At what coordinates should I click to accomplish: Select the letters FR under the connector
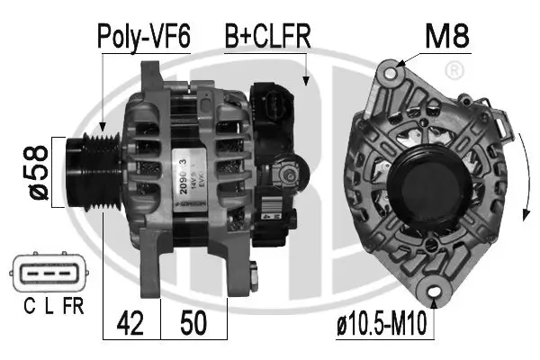pyautogui.click(x=74, y=306)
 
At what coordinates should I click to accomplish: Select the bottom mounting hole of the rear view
pyautogui.click(x=438, y=291)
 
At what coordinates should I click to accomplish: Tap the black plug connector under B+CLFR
pyautogui.click(x=274, y=103)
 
